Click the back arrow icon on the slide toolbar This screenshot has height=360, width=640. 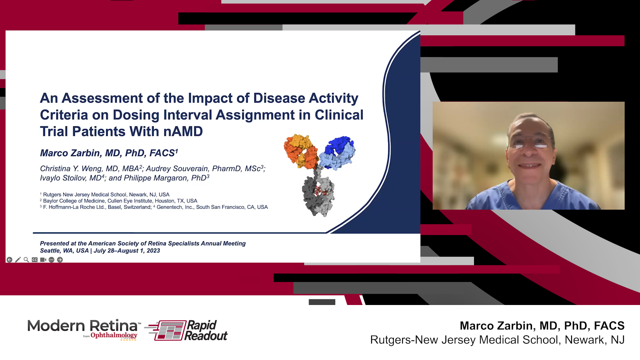pos(9,260)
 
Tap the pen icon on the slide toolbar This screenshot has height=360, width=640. pos(18,260)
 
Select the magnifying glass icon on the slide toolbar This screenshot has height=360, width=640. pos(26,260)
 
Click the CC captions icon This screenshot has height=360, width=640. pos(35,260)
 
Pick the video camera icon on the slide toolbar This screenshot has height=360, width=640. pos(43,260)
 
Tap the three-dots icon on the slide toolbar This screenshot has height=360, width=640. pos(51,260)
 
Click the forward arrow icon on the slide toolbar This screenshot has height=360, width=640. pos(60,260)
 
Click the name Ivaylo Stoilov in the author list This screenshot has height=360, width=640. pos(63,178)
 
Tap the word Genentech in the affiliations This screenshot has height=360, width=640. pos(170,207)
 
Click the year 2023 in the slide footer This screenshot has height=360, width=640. pos(153,251)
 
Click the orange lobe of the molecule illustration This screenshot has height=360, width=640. pos(301,151)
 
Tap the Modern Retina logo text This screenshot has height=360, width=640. pos(82,326)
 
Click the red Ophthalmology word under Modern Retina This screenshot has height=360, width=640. pos(114,335)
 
